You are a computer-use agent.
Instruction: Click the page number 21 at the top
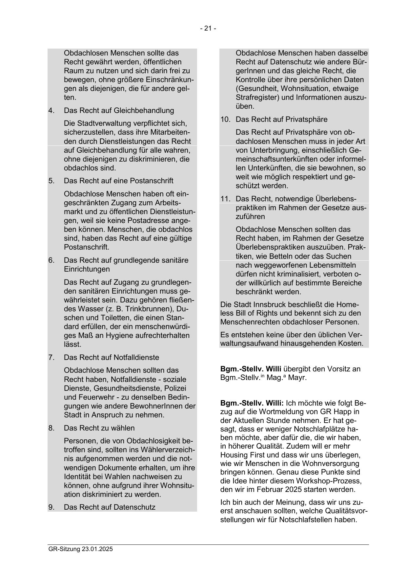pyautogui.click(x=208, y=29)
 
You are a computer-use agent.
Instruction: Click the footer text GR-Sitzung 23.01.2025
pyautogui.click(x=80, y=549)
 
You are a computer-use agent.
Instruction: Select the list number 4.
pyautogui.click(x=51, y=111)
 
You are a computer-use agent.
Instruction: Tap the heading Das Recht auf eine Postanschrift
pyautogui.click(x=118, y=181)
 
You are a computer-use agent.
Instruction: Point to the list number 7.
pyautogui.click(x=51, y=358)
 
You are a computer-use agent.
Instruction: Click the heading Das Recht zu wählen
pyautogui.click(x=99, y=428)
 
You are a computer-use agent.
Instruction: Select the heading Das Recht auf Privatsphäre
pyautogui.click(x=281, y=120)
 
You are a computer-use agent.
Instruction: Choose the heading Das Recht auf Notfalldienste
pyautogui.click(x=111, y=358)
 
